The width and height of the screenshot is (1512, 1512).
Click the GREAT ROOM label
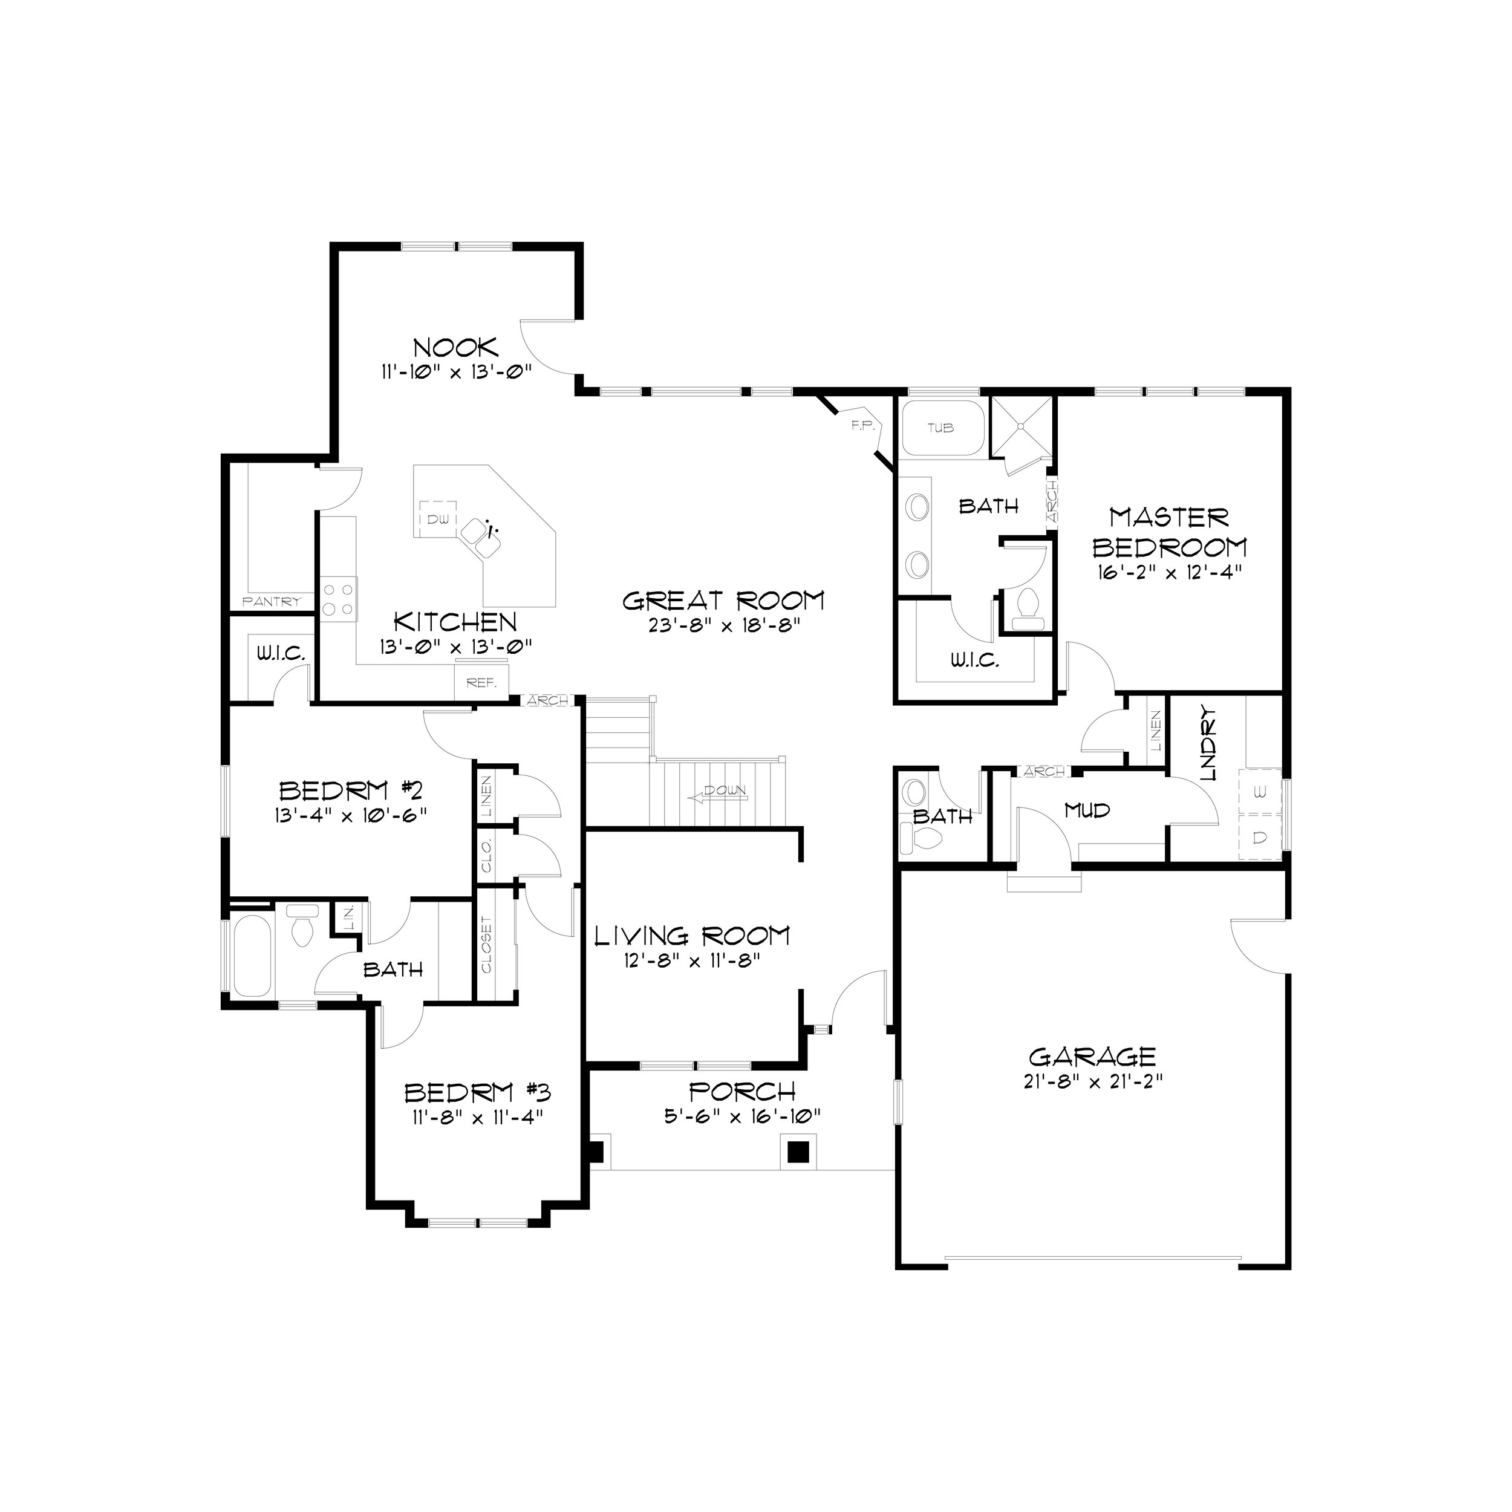723,601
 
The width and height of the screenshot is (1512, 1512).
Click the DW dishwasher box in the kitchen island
437,518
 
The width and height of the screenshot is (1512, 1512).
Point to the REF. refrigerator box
481,682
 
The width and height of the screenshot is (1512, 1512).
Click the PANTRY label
272,602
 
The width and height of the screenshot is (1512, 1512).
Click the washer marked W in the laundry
1259,793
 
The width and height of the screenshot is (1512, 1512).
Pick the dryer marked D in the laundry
1259,838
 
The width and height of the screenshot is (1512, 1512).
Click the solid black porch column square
798,1152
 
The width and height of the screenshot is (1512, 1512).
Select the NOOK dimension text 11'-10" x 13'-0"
456,371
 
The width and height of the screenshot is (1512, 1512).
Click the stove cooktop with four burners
338,599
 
